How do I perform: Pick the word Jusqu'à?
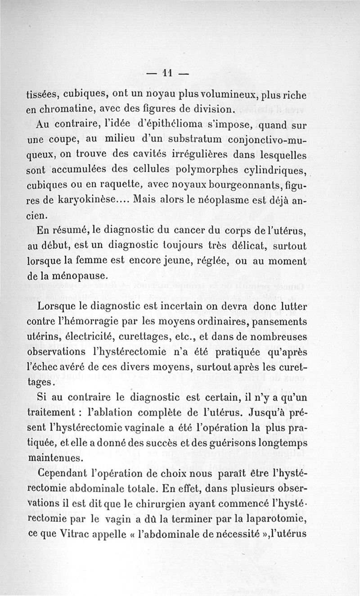pyautogui.click(x=259, y=401)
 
